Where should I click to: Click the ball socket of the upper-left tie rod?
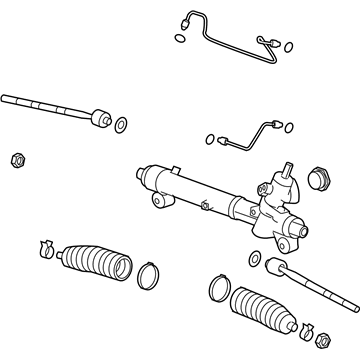[99, 121]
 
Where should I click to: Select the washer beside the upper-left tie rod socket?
[120, 125]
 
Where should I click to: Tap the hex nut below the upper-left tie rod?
[16, 158]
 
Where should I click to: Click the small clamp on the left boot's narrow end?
[45, 245]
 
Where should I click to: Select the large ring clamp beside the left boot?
[148, 273]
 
